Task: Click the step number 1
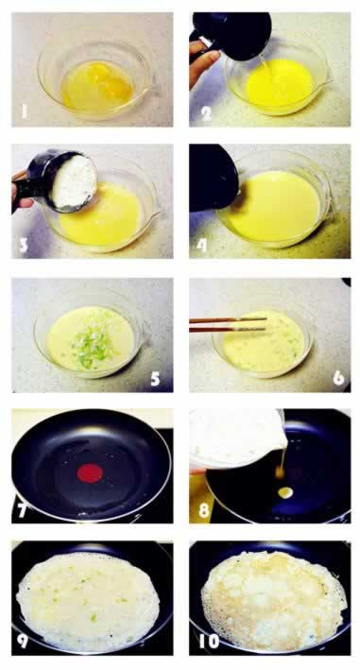[25, 112]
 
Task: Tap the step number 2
[206, 113]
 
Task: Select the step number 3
[23, 246]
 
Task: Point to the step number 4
[201, 246]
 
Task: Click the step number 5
[155, 378]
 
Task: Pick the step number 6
[338, 378]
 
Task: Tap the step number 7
[23, 510]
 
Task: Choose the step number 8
[204, 510]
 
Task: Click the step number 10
[208, 641]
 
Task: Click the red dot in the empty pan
[90, 473]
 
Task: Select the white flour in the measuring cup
[75, 181]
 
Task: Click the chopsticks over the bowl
[228, 324]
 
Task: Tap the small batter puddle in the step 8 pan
[285, 492]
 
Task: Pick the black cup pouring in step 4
[214, 178]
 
